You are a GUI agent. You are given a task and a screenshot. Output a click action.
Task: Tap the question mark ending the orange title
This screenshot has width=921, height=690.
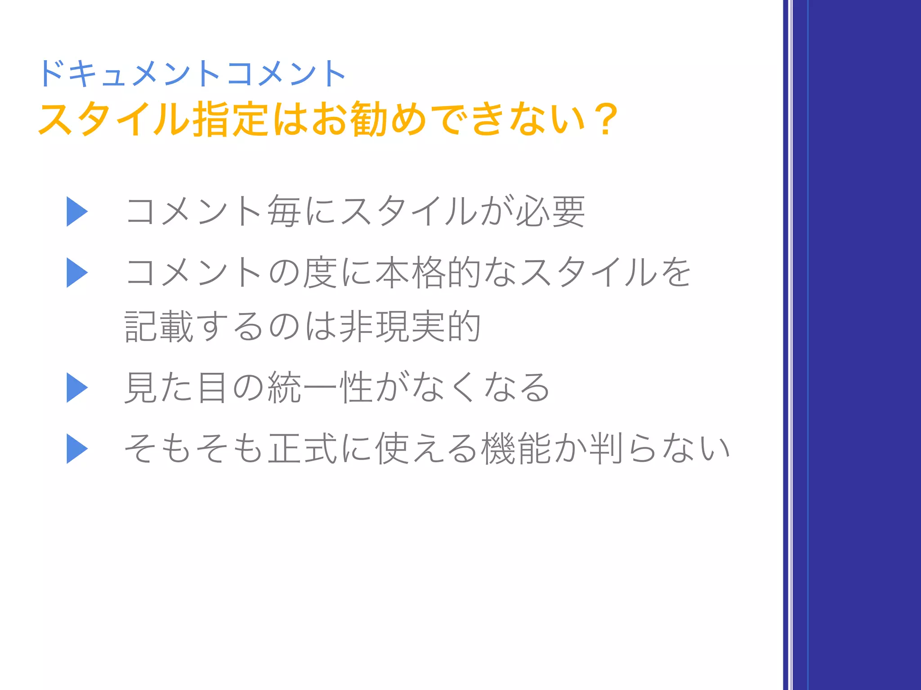coord(604,119)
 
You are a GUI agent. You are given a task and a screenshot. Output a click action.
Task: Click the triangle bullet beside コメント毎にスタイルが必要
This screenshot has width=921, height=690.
coord(77,212)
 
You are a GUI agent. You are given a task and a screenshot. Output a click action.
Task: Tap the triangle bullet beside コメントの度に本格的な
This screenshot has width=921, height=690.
coord(77,273)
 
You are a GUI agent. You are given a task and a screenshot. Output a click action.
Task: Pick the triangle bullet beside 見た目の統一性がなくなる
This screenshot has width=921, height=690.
coord(77,388)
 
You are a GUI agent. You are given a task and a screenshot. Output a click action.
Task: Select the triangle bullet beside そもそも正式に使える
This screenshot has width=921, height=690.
coord(77,448)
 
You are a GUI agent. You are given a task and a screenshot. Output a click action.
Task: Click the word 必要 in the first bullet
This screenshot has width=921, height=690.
coord(550,212)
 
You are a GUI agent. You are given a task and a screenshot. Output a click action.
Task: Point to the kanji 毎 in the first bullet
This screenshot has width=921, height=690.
coord(284,212)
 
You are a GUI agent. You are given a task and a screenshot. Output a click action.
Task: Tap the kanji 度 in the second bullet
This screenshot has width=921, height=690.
coord(320,273)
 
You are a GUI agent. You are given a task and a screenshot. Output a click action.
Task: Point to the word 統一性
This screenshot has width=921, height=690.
coord(320,388)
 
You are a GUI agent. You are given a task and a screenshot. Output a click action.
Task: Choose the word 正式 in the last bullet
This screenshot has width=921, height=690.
coord(302,448)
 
